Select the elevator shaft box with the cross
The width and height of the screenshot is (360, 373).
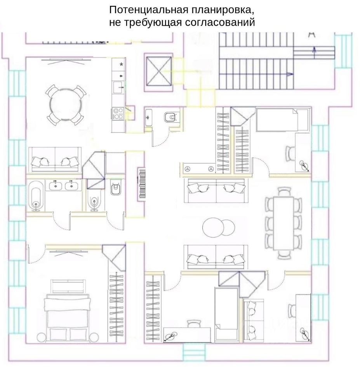click(x=158, y=72)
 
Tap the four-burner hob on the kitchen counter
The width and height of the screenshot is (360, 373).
click(x=118, y=113)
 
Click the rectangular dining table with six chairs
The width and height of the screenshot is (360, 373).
click(x=283, y=223)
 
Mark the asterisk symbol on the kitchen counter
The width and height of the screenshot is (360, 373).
click(x=122, y=64)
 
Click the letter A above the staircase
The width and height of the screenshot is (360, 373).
click(x=311, y=35)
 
